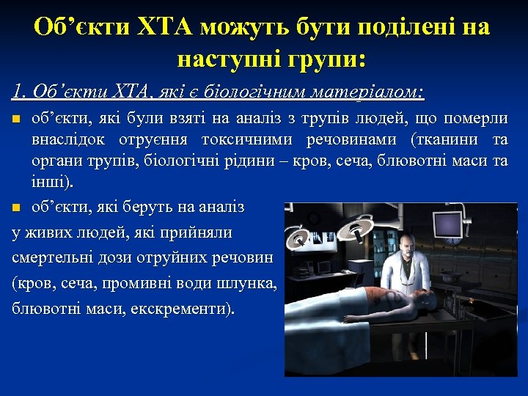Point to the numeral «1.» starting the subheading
[18, 92]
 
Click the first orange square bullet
[17, 119]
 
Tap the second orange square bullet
[17, 208]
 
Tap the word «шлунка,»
[248, 283]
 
